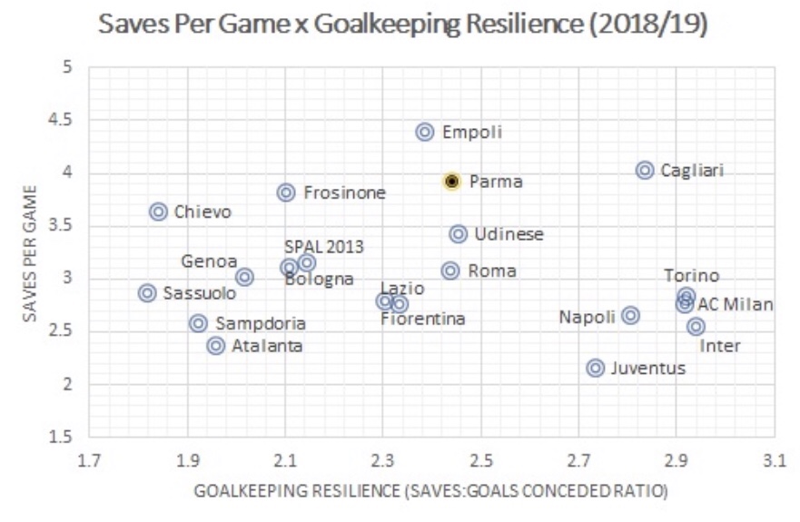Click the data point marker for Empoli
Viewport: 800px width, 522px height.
coord(425,132)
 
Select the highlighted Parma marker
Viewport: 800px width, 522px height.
coord(452,181)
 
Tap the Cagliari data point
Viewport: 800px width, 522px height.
coord(645,170)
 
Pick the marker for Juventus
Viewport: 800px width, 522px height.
coord(596,368)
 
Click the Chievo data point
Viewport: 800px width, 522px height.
coord(158,212)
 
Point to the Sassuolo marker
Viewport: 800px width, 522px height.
coord(147,292)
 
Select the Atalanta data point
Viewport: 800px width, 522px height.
coord(216,345)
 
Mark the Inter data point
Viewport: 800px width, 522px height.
coord(696,326)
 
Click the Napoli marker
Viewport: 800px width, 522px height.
coord(630,315)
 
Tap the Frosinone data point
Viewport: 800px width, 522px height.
coord(286,192)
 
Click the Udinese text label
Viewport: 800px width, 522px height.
coord(509,234)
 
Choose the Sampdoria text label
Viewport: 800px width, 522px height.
coord(261,323)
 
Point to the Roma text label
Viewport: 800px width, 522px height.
coord(491,271)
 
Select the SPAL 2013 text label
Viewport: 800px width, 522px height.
coord(323,246)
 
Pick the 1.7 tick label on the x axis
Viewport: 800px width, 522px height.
coord(89,460)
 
